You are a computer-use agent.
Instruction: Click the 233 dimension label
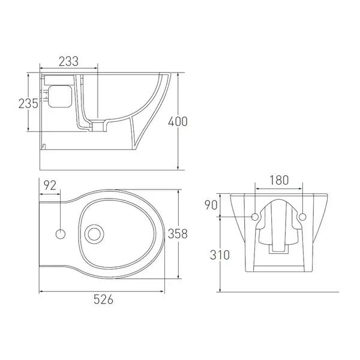click(x=68, y=62)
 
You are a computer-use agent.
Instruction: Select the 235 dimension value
click(x=28, y=104)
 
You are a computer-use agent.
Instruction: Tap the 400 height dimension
click(x=178, y=121)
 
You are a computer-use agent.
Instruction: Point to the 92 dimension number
click(x=50, y=185)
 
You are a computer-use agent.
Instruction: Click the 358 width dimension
click(x=178, y=234)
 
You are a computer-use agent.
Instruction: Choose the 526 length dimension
click(x=104, y=299)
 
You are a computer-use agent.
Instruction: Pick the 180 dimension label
click(x=279, y=180)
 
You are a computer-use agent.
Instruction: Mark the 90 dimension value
click(x=211, y=205)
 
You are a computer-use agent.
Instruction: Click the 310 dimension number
click(x=220, y=255)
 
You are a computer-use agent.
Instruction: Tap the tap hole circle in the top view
click(x=61, y=234)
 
